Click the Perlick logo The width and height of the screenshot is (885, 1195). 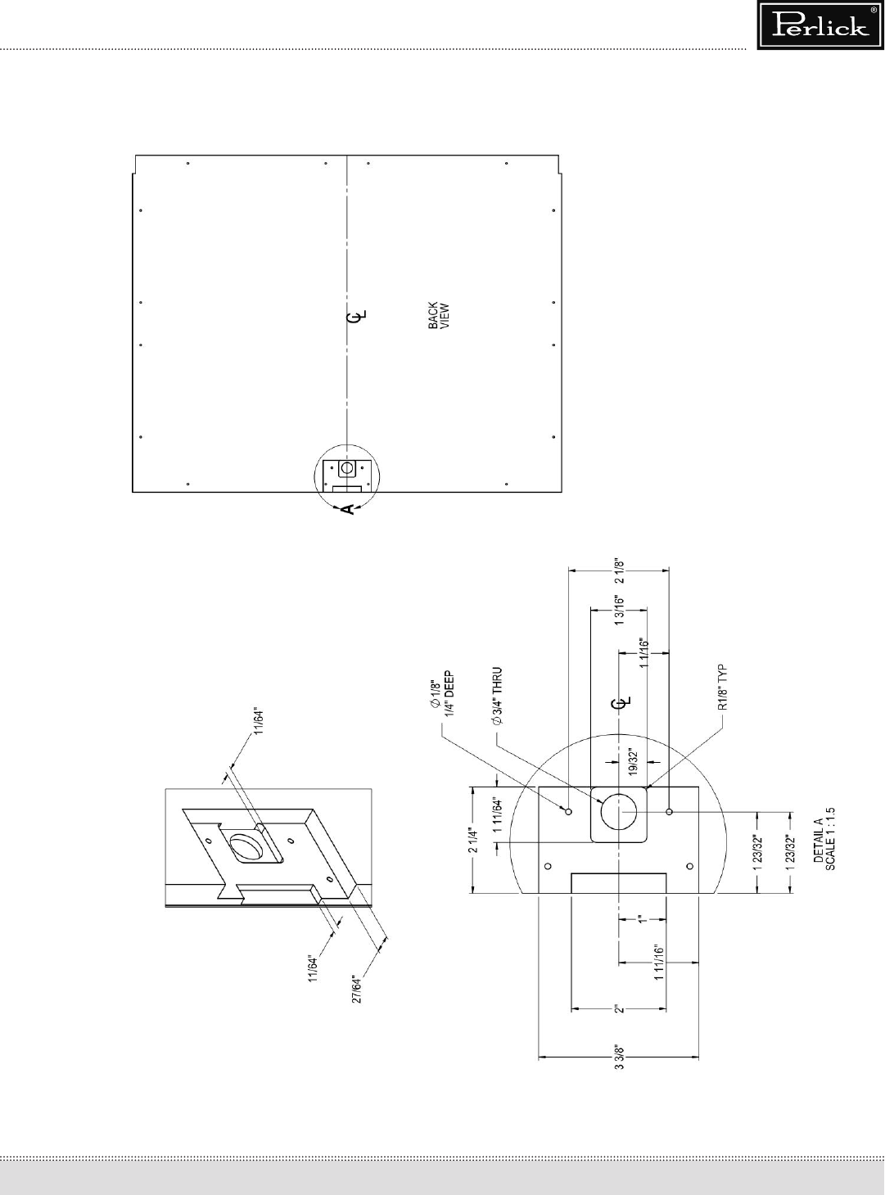[x=821, y=25]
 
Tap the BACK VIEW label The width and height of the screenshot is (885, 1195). [x=439, y=315]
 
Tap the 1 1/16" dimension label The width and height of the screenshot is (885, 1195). [x=644, y=653]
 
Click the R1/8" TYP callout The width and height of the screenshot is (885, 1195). [x=724, y=688]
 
